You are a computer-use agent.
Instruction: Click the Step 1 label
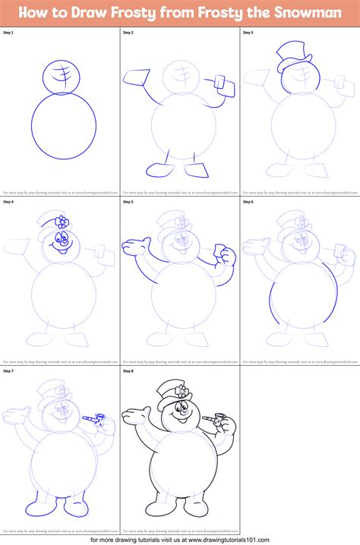click(8, 34)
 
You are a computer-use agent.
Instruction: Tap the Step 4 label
click(8, 202)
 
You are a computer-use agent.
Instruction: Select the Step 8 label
click(128, 372)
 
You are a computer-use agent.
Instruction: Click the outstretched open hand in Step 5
click(135, 246)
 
